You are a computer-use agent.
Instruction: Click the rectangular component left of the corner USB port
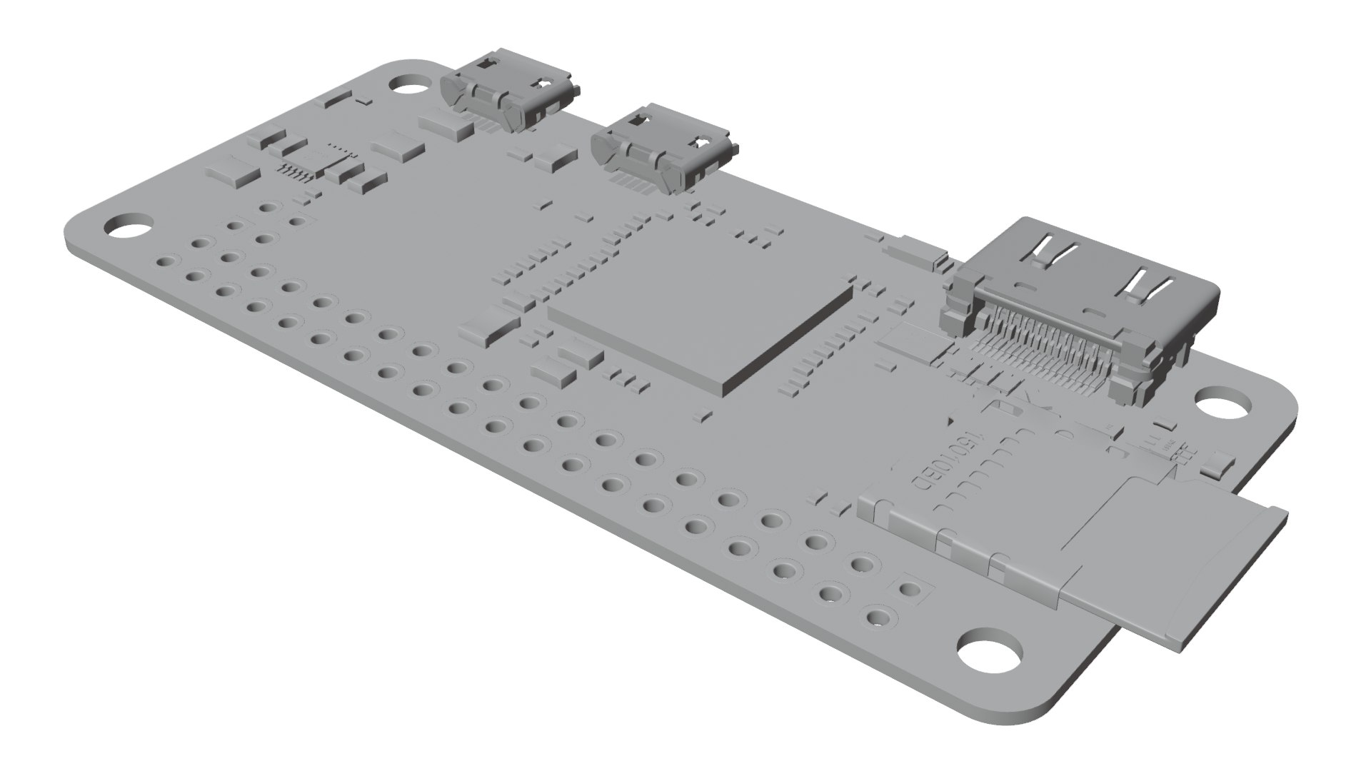click(446, 125)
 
